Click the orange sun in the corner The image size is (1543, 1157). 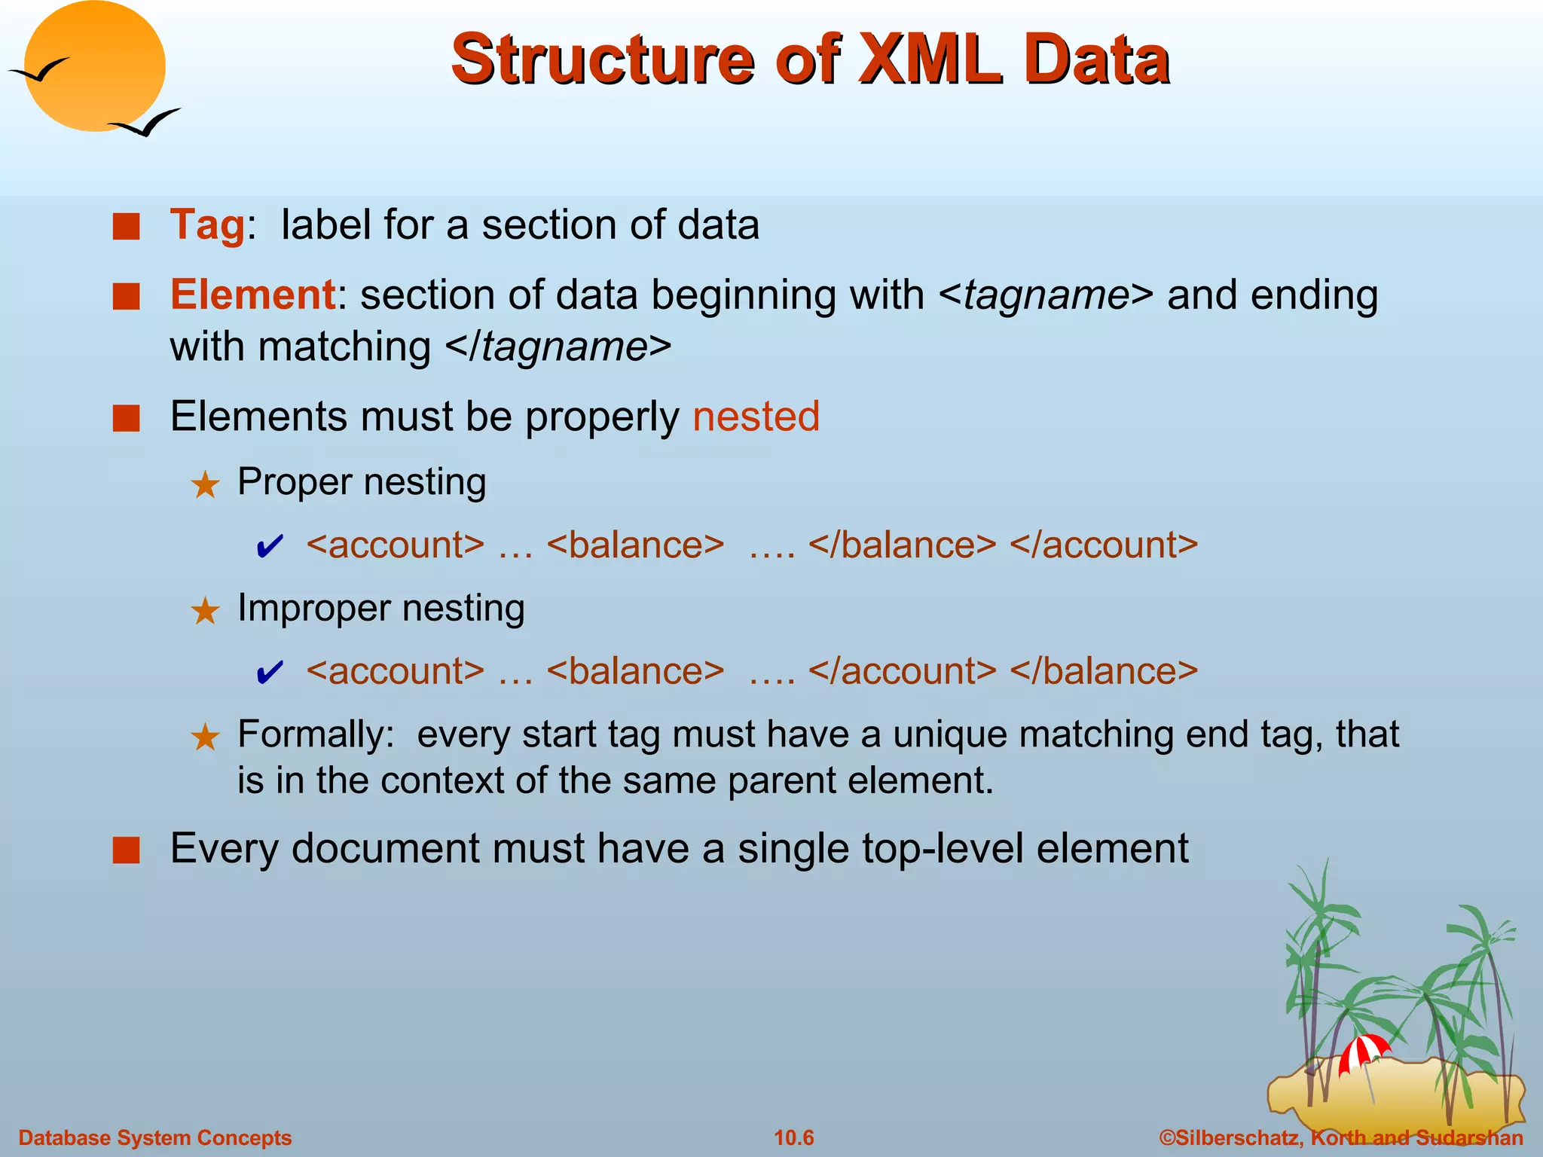(94, 66)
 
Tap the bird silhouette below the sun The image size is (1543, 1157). (145, 123)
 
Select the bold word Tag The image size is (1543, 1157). (207, 224)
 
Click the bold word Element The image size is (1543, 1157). (252, 295)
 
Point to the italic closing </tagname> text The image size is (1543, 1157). (558, 347)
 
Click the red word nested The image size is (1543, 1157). (756, 417)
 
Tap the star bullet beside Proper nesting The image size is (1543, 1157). (205, 484)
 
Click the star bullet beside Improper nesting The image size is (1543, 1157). (205, 611)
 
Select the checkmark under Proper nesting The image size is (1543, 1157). (270, 546)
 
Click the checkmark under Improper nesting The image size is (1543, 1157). (270, 673)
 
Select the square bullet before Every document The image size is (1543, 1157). (127, 850)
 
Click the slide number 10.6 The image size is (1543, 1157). (794, 1137)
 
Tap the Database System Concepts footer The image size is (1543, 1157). (155, 1137)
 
